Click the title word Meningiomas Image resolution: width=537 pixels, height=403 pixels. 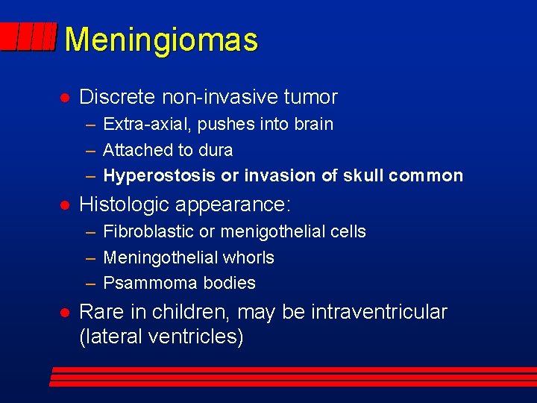click(161, 40)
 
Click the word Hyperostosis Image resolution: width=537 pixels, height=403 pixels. click(158, 176)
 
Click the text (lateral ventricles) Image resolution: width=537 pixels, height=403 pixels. click(161, 337)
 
